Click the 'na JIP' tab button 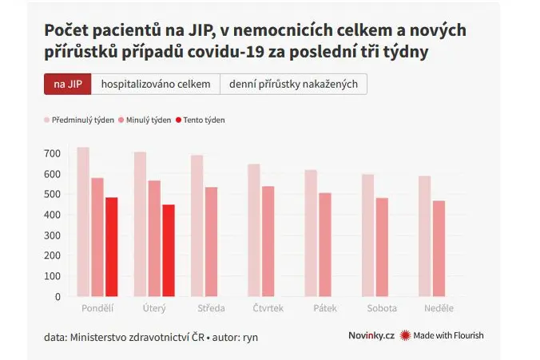pyautogui.click(x=68, y=84)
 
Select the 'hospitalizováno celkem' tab pyautogui.click(x=156, y=84)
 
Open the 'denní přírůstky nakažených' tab pyautogui.click(x=293, y=84)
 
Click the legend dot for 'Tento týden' pyautogui.click(x=178, y=120)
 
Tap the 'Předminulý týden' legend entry pyautogui.click(x=79, y=120)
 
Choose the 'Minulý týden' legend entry pyautogui.click(x=145, y=120)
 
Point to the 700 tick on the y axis pyautogui.click(x=53, y=153)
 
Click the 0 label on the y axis pyautogui.click(x=58, y=297)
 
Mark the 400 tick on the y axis pyautogui.click(x=53, y=215)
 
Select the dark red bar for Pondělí pyautogui.click(x=112, y=247)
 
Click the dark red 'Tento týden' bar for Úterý pyautogui.click(x=169, y=251)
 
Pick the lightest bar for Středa pyautogui.click(x=197, y=226)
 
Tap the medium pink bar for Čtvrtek pyautogui.click(x=268, y=241)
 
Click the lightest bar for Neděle pyautogui.click(x=425, y=236)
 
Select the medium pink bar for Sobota pyautogui.click(x=383, y=247)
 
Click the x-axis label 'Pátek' pyautogui.click(x=325, y=308)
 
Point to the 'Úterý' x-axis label pyautogui.click(x=154, y=308)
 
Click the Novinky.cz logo pyautogui.click(x=371, y=335)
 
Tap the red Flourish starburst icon pyautogui.click(x=405, y=335)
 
